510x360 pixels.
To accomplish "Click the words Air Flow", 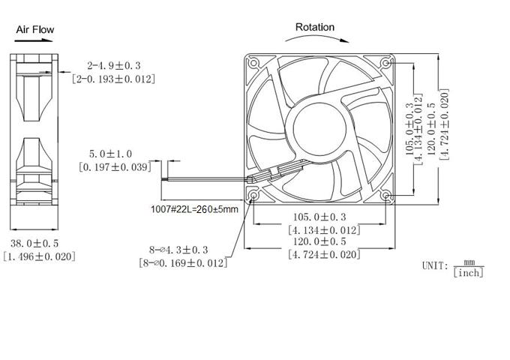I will coord(35,29).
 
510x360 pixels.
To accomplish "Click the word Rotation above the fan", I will coord(314,27).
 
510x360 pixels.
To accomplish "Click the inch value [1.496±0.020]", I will coord(39,256).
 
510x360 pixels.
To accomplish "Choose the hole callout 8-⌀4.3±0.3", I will coord(178,249).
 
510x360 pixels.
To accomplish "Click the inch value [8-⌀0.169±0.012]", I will coord(183,262).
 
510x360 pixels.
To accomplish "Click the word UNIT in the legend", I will coord(434,266).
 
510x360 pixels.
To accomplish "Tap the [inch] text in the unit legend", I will coord(469,272).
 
